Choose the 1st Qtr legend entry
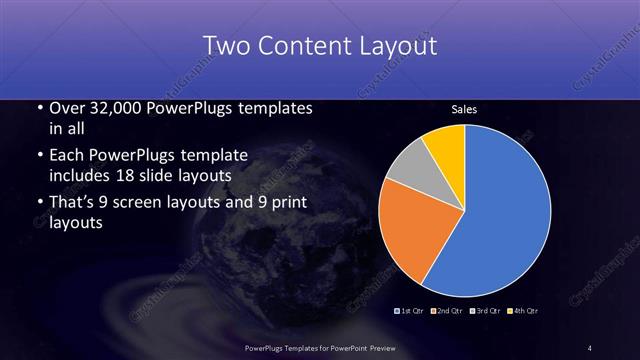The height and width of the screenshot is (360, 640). point(411,312)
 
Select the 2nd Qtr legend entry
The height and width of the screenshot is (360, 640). point(446,312)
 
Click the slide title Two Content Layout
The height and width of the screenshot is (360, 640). point(319,46)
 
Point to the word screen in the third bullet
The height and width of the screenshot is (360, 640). point(149,203)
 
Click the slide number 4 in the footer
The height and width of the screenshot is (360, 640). point(590,347)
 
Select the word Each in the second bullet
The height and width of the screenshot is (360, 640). point(69,156)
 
